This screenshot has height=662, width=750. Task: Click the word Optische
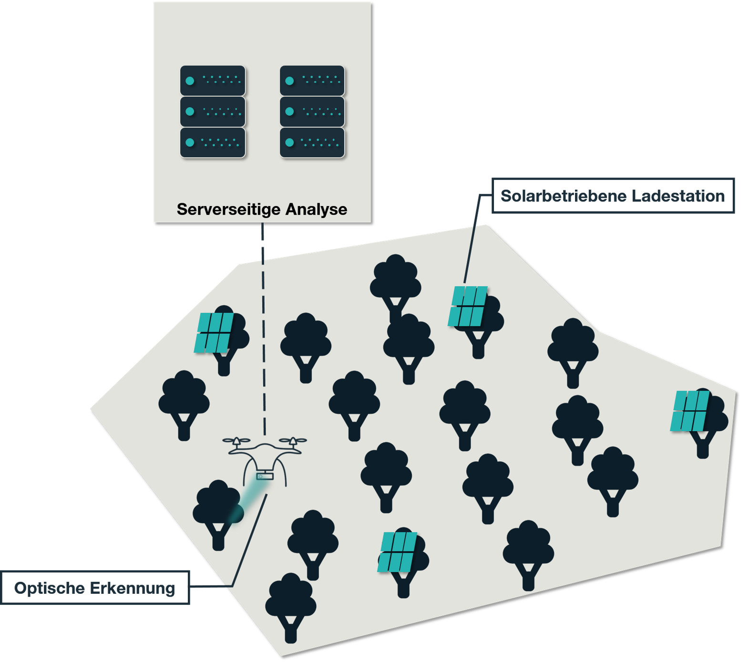[50, 588]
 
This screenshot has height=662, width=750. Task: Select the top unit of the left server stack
[213, 81]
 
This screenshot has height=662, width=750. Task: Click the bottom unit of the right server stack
[312, 142]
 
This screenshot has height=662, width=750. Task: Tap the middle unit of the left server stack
[213, 112]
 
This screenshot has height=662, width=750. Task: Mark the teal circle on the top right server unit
[289, 81]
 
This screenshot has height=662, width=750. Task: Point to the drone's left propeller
[236, 441]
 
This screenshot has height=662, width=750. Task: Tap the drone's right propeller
[293, 441]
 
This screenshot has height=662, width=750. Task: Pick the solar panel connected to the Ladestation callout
[468, 306]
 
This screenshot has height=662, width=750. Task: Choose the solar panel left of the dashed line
[214, 332]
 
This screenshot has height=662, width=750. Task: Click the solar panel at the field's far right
[690, 411]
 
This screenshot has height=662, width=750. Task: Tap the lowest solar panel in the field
[398, 551]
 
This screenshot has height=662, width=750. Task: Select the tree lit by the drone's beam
[217, 510]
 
